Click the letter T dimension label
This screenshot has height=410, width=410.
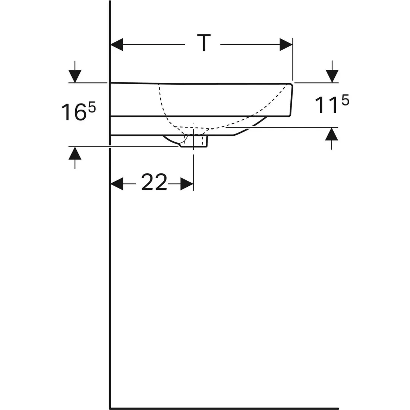pyautogui.click(x=204, y=43)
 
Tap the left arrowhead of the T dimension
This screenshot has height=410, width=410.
pyautogui.click(x=117, y=45)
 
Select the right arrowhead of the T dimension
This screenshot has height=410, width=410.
pyautogui.click(x=286, y=45)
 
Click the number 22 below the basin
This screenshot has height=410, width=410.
pyautogui.click(x=154, y=183)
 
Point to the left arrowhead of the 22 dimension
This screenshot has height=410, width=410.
pyautogui.click(x=117, y=183)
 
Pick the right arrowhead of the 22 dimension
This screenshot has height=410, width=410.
pyautogui.click(x=187, y=183)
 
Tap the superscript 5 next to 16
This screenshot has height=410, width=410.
pyautogui.click(x=92, y=107)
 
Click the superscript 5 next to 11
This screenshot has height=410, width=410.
pyautogui.click(x=345, y=100)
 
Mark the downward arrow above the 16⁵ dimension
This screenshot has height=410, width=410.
pyautogui.click(x=75, y=76)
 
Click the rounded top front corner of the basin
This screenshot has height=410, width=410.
pyautogui.click(x=290, y=85)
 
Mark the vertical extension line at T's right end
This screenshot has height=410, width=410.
pyautogui.click(x=293, y=60)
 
